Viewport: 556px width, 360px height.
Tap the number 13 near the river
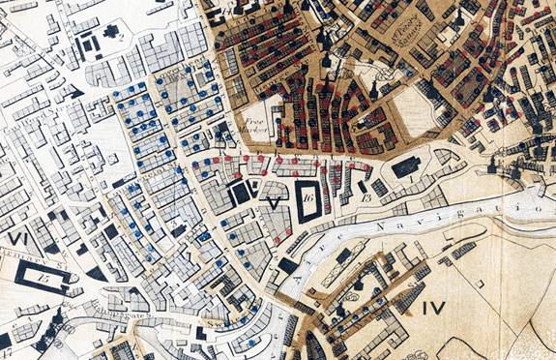click(x=366, y=198)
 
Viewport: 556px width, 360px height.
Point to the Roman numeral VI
click(x=16, y=237)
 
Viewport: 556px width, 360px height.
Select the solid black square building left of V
click(x=238, y=194)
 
